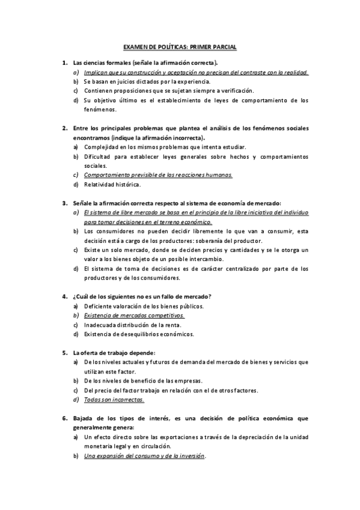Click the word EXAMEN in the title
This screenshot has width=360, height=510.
133,46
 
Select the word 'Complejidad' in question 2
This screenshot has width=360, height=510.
99,147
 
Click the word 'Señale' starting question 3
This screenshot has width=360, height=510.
82,203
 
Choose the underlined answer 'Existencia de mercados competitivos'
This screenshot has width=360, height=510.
134,315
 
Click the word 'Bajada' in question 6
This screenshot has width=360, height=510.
83,417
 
